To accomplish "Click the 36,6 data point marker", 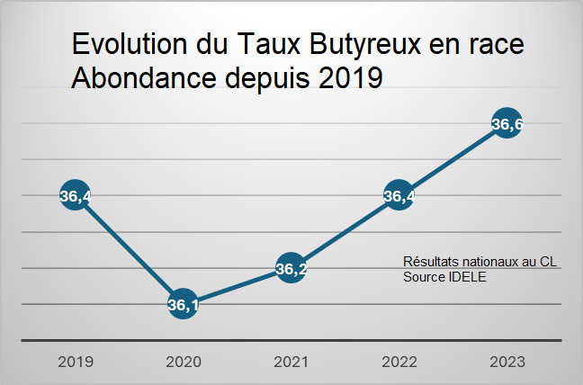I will [x=507, y=124].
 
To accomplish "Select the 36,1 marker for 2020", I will [x=183, y=304].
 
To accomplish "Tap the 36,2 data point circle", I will [x=291, y=268].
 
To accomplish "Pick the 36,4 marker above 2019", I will [x=75, y=195].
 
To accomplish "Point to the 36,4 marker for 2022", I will [x=399, y=195].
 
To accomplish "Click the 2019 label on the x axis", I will [x=75, y=363].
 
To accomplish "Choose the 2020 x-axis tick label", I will [x=183, y=363].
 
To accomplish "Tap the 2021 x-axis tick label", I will [x=291, y=363].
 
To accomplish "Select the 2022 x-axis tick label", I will [x=399, y=363].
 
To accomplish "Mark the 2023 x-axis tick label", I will [x=507, y=363].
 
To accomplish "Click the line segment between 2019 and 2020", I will [x=129, y=249].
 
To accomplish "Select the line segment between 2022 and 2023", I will [x=453, y=159].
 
